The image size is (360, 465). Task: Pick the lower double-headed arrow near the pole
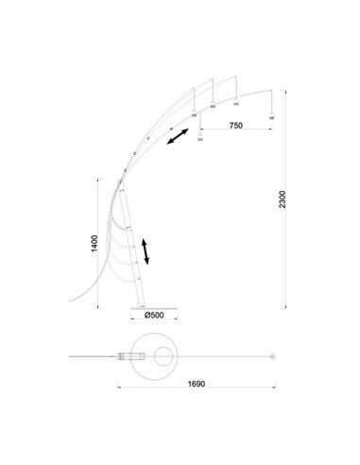pyautogui.click(x=144, y=251)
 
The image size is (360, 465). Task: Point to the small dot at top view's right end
pyautogui.click(x=271, y=356)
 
